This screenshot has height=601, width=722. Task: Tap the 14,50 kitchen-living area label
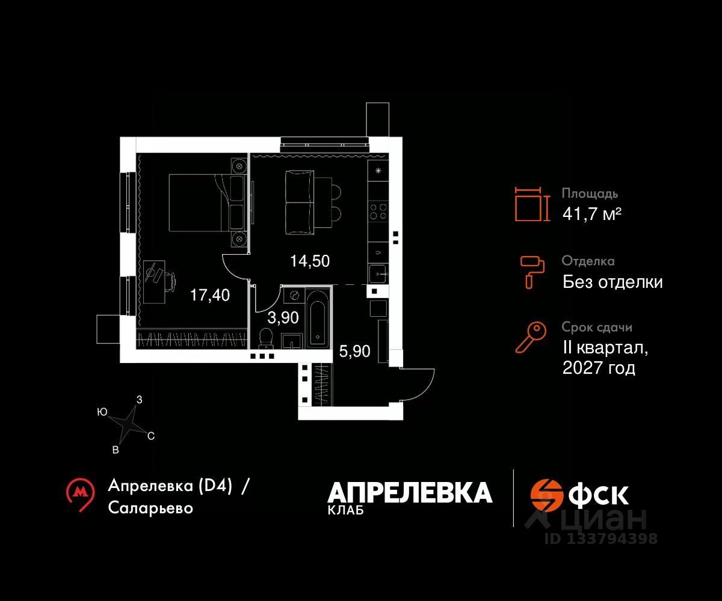click(310, 261)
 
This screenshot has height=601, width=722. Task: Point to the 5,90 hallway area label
click(354, 352)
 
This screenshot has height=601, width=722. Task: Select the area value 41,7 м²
click(591, 213)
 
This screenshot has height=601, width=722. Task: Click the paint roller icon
click(532, 270)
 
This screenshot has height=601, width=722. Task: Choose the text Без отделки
click(612, 282)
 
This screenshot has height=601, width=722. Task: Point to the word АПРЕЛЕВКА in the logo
click(410, 493)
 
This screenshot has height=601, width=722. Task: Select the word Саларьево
click(151, 508)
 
